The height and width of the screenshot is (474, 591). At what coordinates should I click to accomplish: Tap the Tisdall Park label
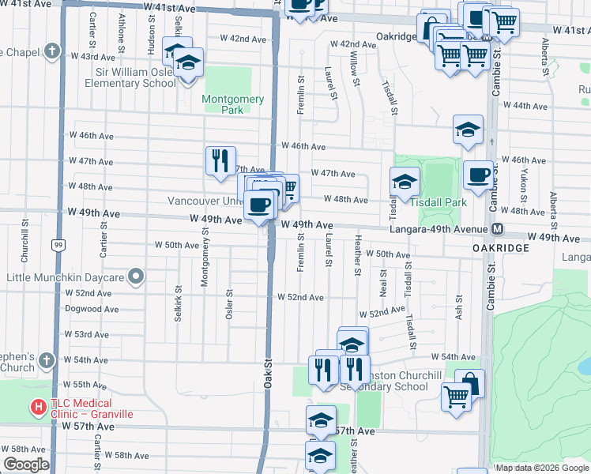click(439, 202)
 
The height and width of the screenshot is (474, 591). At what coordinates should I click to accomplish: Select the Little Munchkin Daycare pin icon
click(137, 277)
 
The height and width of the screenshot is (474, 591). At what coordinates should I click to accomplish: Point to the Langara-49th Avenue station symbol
click(498, 229)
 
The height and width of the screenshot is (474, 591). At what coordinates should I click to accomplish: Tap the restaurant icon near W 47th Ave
click(220, 160)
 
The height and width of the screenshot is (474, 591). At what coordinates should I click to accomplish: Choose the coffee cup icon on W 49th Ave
click(260, 206)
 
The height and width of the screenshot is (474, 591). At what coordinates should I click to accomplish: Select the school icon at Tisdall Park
click(404, 182)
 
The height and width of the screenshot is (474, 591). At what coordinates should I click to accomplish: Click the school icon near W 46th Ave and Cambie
click(468, 130)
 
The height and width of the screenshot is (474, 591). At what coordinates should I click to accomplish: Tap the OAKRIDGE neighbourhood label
click(501, 248)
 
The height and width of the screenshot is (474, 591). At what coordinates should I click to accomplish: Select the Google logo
click(26, 465)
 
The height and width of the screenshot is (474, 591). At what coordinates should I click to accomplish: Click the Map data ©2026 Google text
click(541, 468)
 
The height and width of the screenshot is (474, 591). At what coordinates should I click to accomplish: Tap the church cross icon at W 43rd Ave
click(52, 52)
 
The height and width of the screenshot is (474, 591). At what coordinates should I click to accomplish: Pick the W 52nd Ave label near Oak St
click(300, 297)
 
